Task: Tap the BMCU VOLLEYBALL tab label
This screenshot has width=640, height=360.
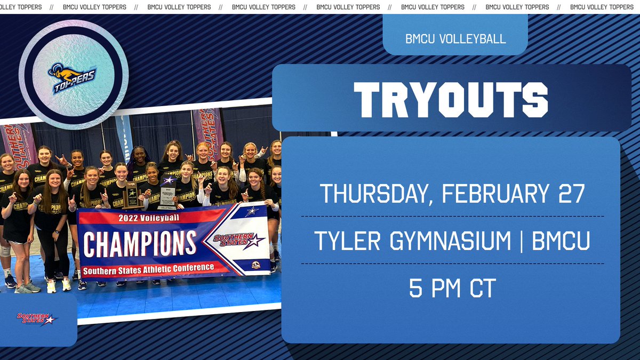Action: [455, 39]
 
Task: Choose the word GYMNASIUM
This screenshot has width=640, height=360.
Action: [451, 241]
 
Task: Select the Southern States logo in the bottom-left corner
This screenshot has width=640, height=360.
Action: [36, 318]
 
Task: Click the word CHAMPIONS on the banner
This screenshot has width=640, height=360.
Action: [140, 243]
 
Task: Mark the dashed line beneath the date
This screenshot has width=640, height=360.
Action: [452, 217]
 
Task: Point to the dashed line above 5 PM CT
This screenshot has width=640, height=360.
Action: [452, 263]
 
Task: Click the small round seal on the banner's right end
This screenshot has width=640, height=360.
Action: [256, 264]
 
